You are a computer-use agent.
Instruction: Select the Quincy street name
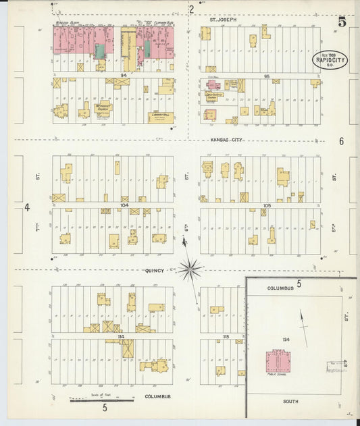point(155,271)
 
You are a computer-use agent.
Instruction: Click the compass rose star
point(190,270)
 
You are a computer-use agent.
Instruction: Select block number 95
point(267,76)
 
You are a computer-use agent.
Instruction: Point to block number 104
point(124,204)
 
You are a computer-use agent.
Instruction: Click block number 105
point(267,204)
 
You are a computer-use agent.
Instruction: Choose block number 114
point(122,336)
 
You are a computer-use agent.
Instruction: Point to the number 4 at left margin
point(28,207)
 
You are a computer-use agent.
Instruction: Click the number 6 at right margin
point(342,141)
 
